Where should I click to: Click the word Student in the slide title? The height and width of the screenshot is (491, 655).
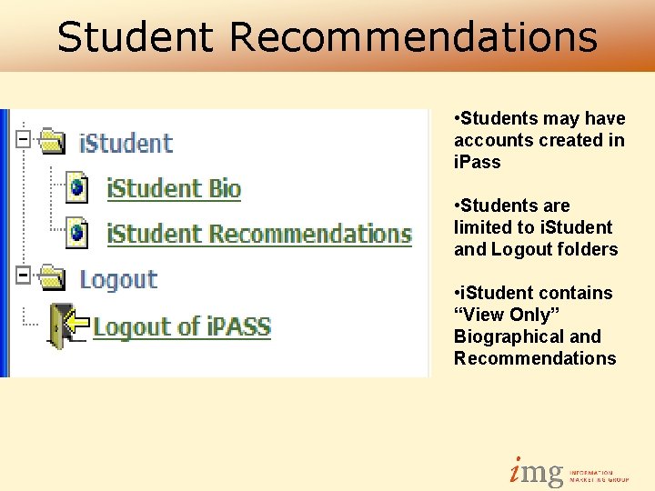(135, 37)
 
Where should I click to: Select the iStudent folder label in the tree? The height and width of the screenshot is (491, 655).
(126, 143)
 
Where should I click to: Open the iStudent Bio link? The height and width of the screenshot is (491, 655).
(173, 188)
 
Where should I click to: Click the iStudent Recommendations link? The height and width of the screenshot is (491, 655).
(259, 234)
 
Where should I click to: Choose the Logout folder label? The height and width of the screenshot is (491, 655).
(118, 279)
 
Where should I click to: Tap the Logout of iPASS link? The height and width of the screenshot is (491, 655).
(182, 326)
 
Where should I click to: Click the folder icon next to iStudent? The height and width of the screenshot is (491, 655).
(55, 142)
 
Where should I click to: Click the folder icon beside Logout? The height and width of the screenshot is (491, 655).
(55, 278)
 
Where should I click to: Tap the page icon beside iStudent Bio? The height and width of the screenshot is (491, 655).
(78, 187)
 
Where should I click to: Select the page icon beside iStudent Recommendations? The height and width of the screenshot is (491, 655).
(78, 233)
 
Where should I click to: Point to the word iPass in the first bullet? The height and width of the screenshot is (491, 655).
(477, 162)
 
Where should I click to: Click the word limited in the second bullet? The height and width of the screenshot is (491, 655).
(479, 227)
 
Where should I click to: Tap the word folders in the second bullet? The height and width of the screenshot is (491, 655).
(589, 249)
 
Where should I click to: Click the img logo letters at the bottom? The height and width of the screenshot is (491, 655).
(536, 471)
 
